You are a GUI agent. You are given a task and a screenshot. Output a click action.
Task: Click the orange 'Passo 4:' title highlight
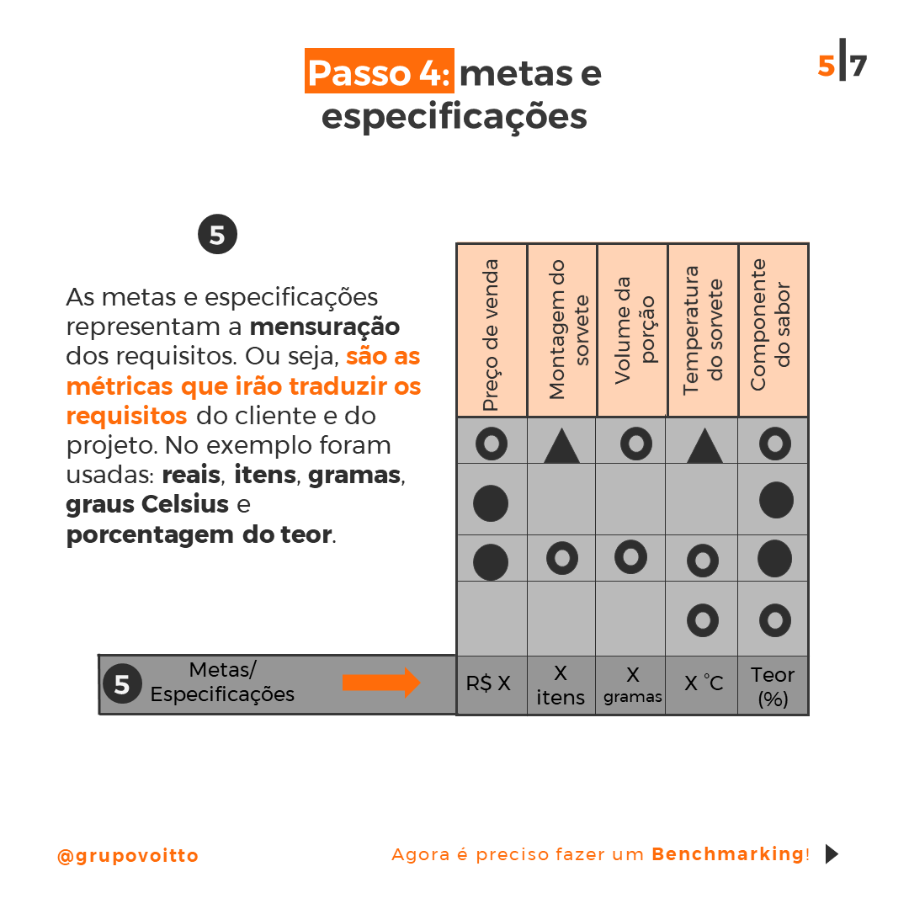379,72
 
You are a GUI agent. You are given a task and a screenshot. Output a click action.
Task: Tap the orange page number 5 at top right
826,66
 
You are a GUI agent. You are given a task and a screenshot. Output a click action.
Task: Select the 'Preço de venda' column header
492,331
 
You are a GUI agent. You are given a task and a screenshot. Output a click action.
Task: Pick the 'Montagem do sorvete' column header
562,331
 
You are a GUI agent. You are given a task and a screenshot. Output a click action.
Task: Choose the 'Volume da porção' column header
632,331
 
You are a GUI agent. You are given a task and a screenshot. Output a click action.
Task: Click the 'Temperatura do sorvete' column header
703,331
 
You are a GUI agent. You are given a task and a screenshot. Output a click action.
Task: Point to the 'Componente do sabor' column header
773,331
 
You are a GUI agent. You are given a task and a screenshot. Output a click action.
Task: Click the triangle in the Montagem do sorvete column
561,445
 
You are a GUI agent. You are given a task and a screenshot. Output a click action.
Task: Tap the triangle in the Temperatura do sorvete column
704,445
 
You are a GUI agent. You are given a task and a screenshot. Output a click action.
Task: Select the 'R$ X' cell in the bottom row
489,683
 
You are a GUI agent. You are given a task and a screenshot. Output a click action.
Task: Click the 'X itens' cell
561,685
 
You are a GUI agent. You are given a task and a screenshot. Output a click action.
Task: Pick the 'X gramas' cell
632,685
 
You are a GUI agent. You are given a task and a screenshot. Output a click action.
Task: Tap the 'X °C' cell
703,683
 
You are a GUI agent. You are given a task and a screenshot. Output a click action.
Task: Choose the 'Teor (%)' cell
773,686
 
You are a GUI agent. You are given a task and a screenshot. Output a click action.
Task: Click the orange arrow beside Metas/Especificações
381,683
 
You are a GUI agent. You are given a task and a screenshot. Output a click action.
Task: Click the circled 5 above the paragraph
217,235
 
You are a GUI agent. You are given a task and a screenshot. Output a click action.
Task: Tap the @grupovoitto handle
128,856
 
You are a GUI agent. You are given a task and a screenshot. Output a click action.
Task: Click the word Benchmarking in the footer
727,854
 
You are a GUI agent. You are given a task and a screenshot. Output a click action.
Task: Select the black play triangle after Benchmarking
832,854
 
